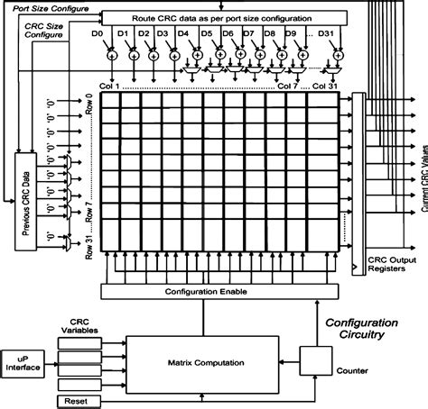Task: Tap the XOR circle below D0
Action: click(111, 54)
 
